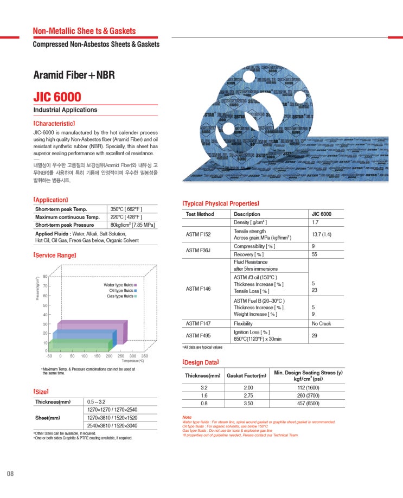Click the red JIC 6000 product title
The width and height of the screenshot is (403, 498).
(x=57, y=98)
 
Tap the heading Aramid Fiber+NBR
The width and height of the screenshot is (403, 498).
(x=74, y=75)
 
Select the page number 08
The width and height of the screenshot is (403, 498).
(x=10, y=474)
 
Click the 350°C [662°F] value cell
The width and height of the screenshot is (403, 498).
(x=126, y=209)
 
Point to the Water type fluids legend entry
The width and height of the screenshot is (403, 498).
(x=119, y=285)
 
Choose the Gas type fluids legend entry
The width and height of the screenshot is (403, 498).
(x=120, y=296)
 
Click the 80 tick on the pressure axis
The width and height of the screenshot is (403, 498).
(x=46, y=277)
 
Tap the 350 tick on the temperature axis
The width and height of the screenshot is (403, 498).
(x=144, y=356)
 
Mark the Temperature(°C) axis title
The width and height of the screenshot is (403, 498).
(x=132, y=361)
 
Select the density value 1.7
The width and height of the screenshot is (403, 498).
(x=315, y=222)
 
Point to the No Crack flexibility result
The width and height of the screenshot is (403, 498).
(x=321, y=323)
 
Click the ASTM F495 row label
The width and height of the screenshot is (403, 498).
(x=198, y=335)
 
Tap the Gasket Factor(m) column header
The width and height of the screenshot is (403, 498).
(x=247, y=375)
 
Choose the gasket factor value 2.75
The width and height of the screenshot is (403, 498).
(x=248, y=395)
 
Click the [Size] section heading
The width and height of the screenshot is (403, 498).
(x=41, y=391)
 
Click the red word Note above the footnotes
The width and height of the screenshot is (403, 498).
(x=187, y=417)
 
